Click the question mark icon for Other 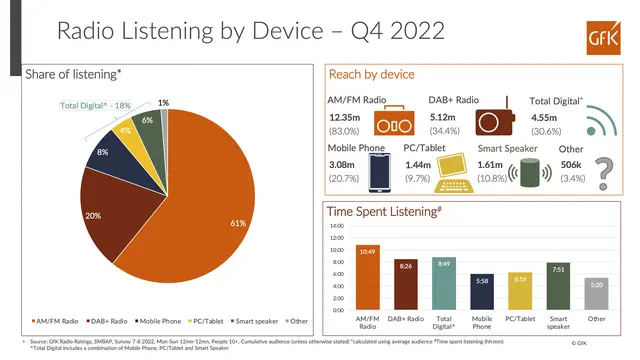click(x=604, y=173)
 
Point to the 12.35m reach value click(x=346, y=118)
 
